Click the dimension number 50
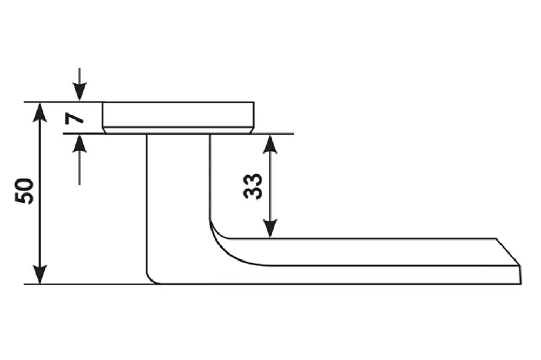coord(25,191)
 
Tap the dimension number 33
coord(253,186)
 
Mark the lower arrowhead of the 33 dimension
coord(270,229)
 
